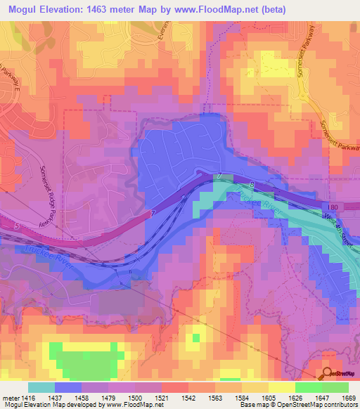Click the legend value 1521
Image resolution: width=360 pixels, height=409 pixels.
pyautogui.click(x=162, y=397)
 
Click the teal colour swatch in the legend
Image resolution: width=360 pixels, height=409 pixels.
pyautogui.click(x=41, y=387)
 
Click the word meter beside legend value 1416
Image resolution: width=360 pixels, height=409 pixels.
pyautogui.click(x=8, y=397)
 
